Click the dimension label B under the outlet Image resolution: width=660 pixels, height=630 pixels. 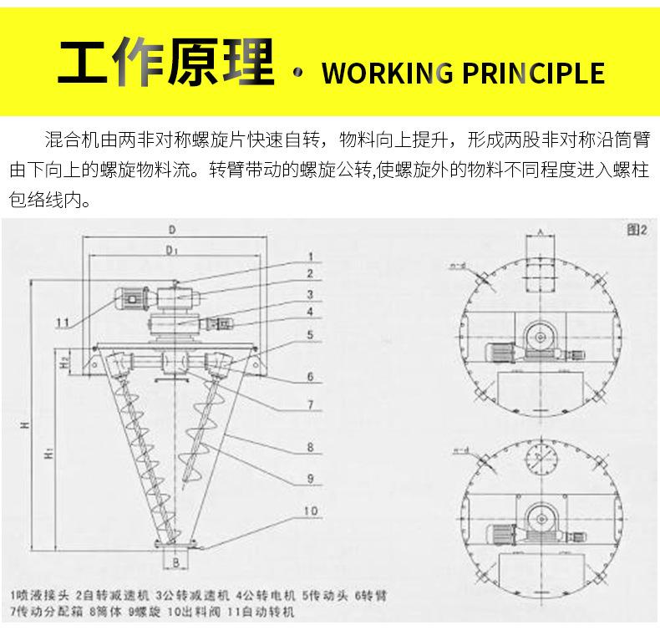(x=176, y=562)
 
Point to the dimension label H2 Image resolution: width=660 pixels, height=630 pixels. (x=64, y=361)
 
